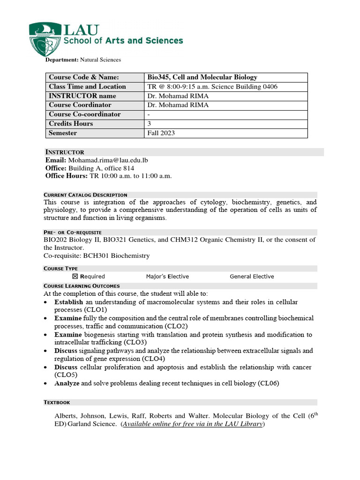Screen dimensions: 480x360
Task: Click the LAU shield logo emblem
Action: (45, 40)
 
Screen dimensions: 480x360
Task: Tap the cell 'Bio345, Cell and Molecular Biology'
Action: (202, 77)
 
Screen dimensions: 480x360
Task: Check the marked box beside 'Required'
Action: (82, 277)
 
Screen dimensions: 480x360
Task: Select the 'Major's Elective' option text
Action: (167, 277)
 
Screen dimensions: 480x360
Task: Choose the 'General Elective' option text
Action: (252, 277)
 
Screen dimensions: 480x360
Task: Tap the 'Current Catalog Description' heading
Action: (85, 195)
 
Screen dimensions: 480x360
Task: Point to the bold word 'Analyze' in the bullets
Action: (67, 383)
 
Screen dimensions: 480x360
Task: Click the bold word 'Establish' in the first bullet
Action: (69, 302)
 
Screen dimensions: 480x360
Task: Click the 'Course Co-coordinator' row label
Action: (85, 114)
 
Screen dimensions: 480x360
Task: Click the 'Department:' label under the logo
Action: (61, 60)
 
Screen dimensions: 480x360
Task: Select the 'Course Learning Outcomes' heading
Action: (82, 285)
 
